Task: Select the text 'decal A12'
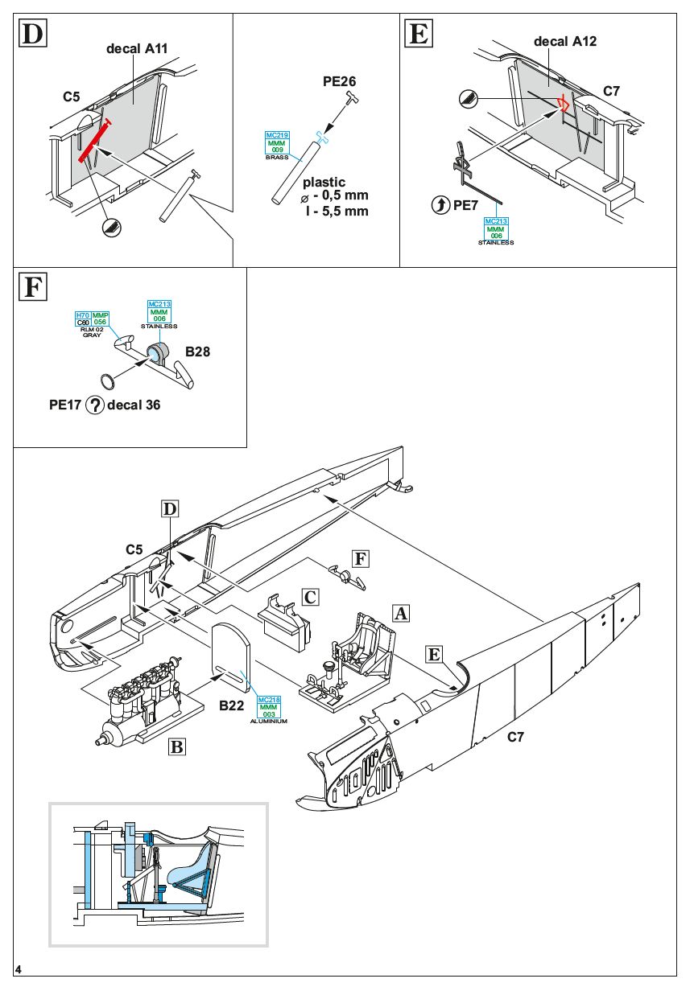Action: [565, 41]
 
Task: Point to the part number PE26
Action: [339, 81]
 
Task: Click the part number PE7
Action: [466, 206]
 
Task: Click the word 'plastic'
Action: [324, 183]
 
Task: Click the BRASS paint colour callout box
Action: [277, 142]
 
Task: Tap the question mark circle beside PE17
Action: [94, 405]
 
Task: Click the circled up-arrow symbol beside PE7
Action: [441, 206]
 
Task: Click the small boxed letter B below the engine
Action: [177, 746]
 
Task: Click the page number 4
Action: [19, 969]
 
